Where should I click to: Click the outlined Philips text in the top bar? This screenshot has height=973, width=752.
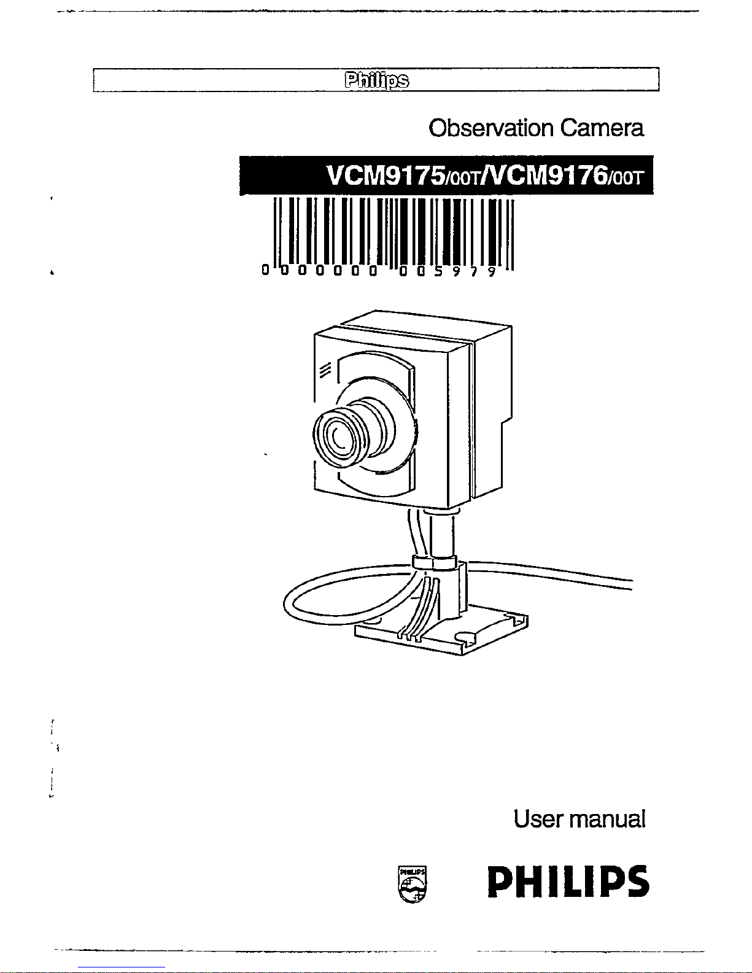point(377,80)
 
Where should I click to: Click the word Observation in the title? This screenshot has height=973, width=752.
point(490,128)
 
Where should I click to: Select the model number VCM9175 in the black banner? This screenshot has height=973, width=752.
point(386,176)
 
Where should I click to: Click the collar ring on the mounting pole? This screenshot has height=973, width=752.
point(435,562)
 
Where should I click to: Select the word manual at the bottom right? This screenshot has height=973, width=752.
point(608,819)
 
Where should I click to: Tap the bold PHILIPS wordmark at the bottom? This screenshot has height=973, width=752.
point(568,882)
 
